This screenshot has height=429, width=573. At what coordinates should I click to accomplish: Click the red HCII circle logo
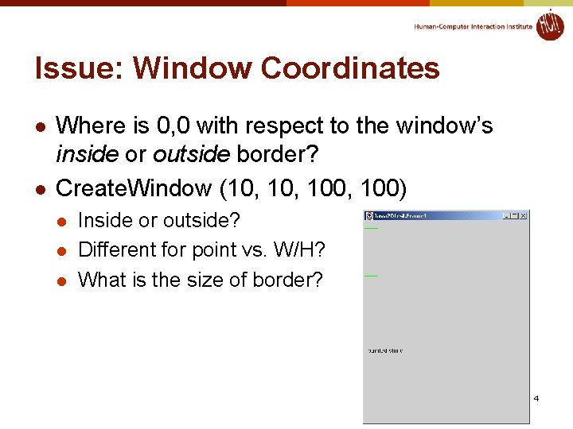[x=549, y=25]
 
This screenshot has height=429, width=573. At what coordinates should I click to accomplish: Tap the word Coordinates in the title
[x=350, y=68]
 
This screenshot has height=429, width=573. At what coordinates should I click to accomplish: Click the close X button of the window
[x=524, y=215]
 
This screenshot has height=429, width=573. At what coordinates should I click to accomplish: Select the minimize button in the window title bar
[x=507, y=215]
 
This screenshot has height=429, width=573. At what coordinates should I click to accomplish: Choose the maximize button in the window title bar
[x=515, y=215]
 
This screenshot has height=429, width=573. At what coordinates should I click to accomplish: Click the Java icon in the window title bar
[x=369, y=215]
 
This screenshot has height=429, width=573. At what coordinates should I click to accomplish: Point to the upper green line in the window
[x=371, y=228]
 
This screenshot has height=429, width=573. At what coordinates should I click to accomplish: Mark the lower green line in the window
[x=371, y=275]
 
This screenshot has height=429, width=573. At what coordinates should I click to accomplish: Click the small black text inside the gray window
[x=385, y=350]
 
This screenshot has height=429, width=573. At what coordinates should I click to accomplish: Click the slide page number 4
[x=536, y=397]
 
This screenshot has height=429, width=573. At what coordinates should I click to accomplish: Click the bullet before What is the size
[x=62, y=280]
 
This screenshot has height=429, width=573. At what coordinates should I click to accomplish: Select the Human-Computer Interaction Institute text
[x=473, y=27]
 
